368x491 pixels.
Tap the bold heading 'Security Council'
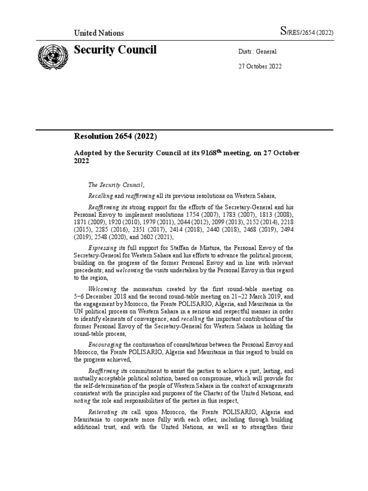point(115,50)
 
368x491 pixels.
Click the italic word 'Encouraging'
point(105,345)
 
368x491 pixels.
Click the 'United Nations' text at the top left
point(99,33)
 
